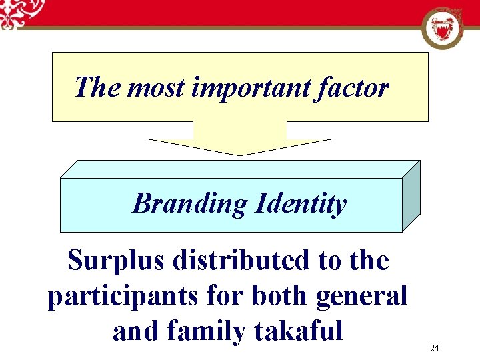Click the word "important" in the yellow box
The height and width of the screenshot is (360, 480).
(249, 88)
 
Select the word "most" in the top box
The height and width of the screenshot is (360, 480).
(155, 88)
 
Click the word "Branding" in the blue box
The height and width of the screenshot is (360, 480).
(189, 203)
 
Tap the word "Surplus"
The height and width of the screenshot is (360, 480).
(115, 261)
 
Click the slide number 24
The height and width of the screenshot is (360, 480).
(434, 349)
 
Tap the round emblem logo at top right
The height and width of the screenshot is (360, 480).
(443, 29)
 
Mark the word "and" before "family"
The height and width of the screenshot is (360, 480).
(135, 331)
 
